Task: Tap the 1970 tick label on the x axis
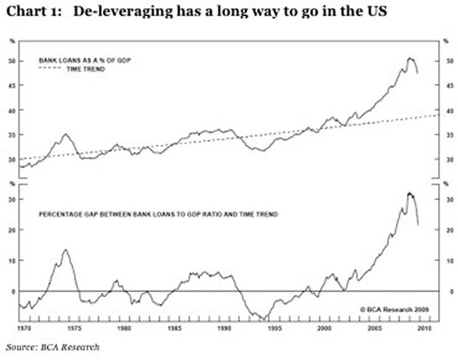(26, 327)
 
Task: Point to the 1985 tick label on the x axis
(174, 327)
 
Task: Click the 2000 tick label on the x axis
(323, 327)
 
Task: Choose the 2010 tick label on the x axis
(423, 327)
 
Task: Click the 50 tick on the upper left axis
(13, 61)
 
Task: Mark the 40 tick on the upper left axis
(13, 110)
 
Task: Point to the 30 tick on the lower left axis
(13, 199)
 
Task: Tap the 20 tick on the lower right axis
(445, 230)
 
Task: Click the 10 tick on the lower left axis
(13, 260)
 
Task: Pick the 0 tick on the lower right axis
(445, 291)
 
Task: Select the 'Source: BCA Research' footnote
(52, 346)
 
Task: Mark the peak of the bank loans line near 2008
(409, 58)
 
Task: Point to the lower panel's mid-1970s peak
(65, 250)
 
